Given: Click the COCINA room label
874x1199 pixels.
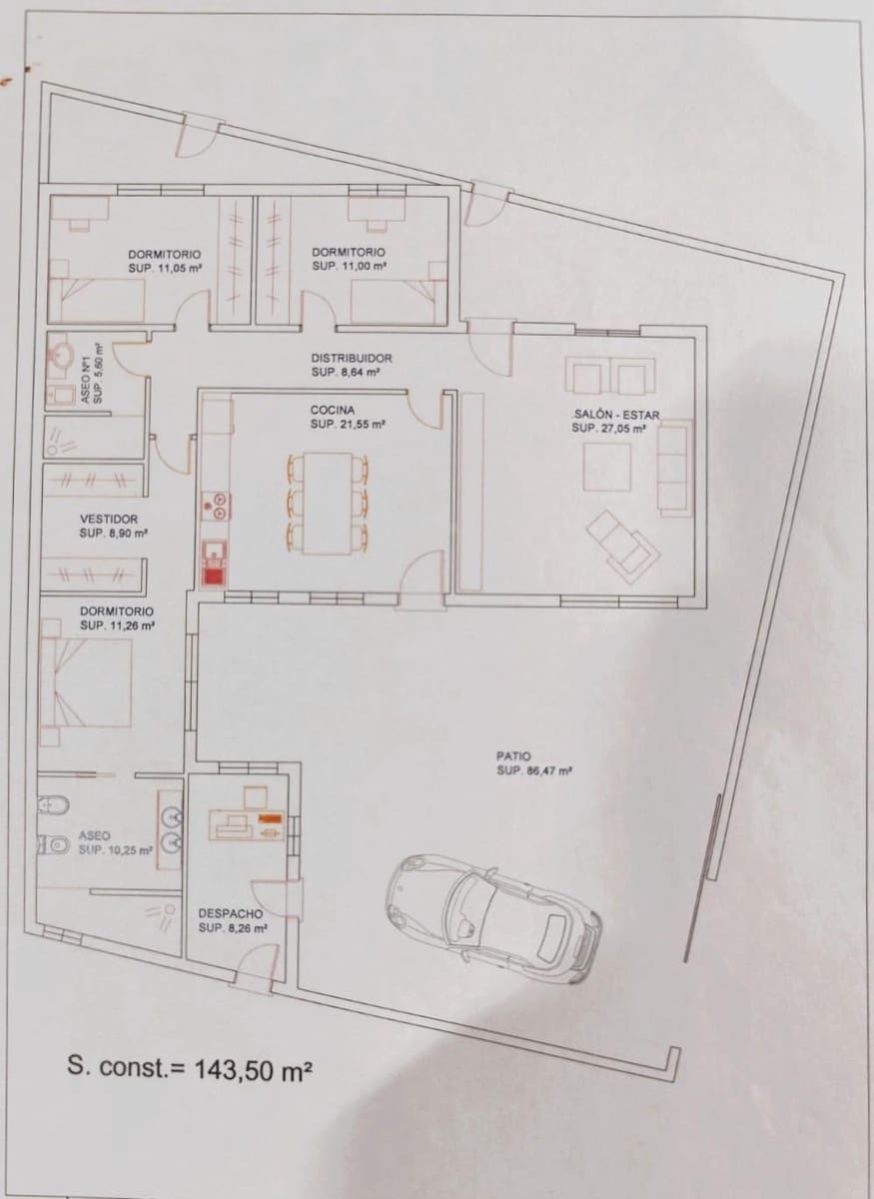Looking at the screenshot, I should (334, 410).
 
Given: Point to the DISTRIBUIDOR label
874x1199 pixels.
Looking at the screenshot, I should (351, 358).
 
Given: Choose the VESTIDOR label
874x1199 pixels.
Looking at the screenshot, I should (109, 520).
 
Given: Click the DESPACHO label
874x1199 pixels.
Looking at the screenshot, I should (230, 913).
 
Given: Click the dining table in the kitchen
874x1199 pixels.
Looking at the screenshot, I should (328, 503).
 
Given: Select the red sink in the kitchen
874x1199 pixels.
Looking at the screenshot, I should (213, 573).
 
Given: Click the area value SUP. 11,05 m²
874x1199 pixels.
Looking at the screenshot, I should (167, 268).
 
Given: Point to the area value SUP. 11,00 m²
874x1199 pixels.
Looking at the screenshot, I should (350, 268).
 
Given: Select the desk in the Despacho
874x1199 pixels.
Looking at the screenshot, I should (246, 824).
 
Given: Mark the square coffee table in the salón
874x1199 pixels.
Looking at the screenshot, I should (607, 468).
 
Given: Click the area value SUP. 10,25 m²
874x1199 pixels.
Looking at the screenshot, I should (116, 850).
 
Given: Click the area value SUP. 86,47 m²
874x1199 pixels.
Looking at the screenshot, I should (533, 771).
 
